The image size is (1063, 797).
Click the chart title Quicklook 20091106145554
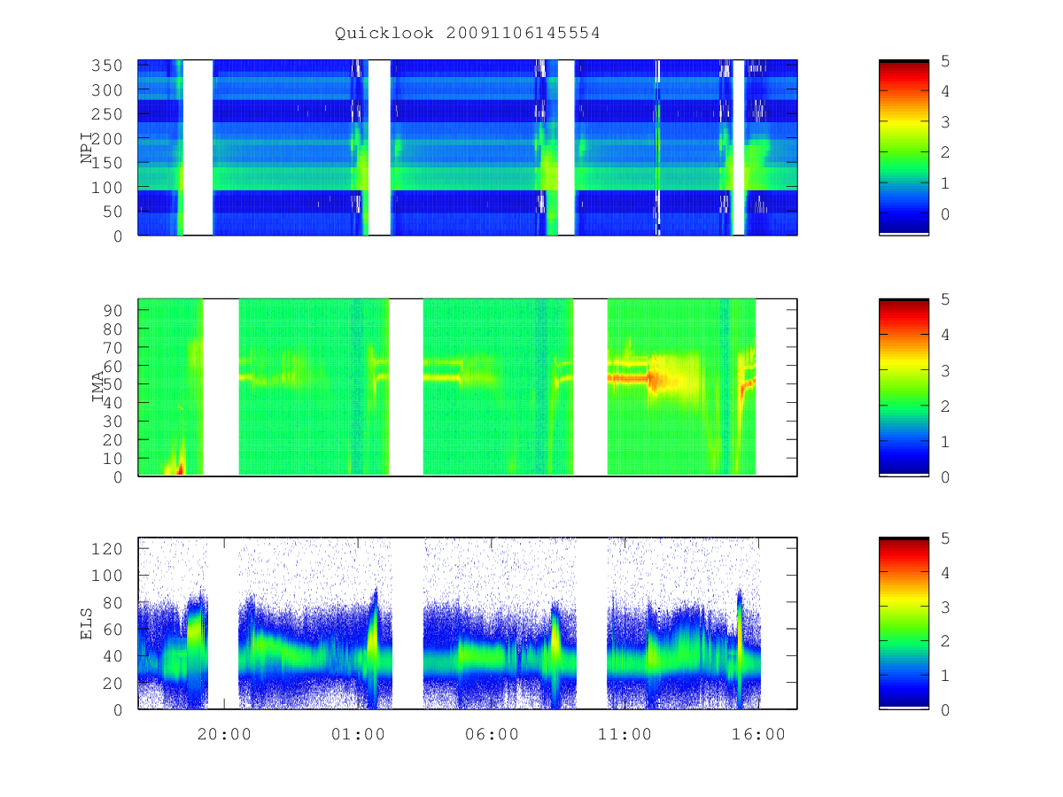tap(467, 33)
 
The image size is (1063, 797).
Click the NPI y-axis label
tap(87, 148)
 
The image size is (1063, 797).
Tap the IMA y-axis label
tap(97, 387)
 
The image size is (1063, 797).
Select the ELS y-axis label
tap(86, 623)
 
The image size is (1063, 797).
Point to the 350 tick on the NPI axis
tap(106, 66)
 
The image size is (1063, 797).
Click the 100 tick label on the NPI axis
tap(106, 187)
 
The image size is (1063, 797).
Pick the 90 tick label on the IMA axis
tap(113, 311)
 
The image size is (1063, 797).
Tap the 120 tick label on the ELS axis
tap(106, 549)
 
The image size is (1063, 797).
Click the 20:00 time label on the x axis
tap(224, 734)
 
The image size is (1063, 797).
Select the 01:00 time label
tap(358, 734)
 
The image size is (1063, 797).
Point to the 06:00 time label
tap(492, 734)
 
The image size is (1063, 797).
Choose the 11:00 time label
tap(625, 734)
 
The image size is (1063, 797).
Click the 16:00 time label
tap(758, 734)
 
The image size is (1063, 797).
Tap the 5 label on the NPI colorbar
tap(945, 61)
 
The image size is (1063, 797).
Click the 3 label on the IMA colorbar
tap(945, 371)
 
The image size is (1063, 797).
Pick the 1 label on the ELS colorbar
tap(945, 676)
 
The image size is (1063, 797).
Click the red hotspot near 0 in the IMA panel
tap(181, 468)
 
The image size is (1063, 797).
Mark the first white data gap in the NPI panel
tap(198, 148)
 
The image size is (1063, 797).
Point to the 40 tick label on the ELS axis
tap(113, 656)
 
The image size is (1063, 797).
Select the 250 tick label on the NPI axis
tap(106, 114)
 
